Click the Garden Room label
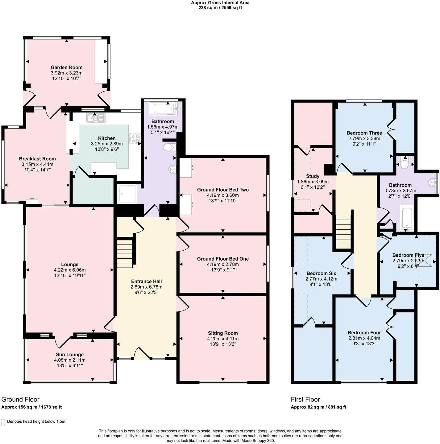pos(67,67)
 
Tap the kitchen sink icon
pos(96,118)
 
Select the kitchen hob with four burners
pos(135,139)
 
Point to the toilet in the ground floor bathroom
pos(169,148)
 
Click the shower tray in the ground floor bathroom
pos(127,194)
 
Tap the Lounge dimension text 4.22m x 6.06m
pos(70,270)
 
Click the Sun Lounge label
pos(70,355)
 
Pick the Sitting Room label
pos(223,333)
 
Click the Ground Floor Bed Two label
pos(223,190)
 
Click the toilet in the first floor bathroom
pos(404,163)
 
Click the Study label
pos(313,176)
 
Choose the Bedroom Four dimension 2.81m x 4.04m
pos(364,338)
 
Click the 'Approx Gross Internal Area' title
pos(220,3)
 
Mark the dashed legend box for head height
pos(3,422)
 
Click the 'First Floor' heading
pos(305,399)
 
